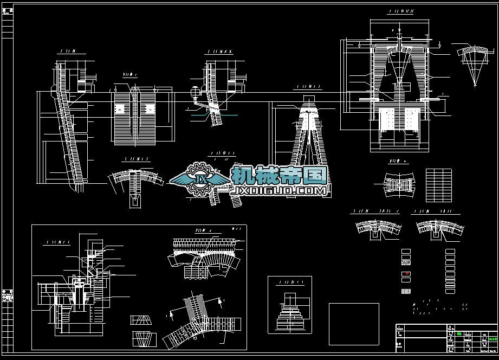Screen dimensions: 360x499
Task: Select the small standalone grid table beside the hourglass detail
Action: [438, 184]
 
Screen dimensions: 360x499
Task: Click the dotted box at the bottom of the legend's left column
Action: [406, 292]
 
